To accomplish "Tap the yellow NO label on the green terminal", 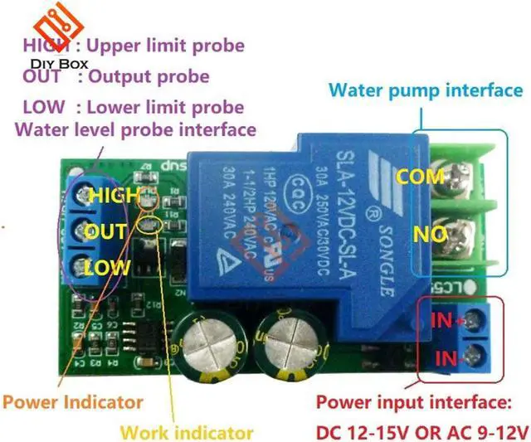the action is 431,235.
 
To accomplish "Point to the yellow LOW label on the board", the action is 107,267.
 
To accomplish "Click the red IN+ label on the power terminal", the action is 446,320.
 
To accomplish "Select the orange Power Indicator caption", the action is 72,402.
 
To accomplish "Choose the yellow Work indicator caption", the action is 187,432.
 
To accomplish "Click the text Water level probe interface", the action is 135,129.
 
